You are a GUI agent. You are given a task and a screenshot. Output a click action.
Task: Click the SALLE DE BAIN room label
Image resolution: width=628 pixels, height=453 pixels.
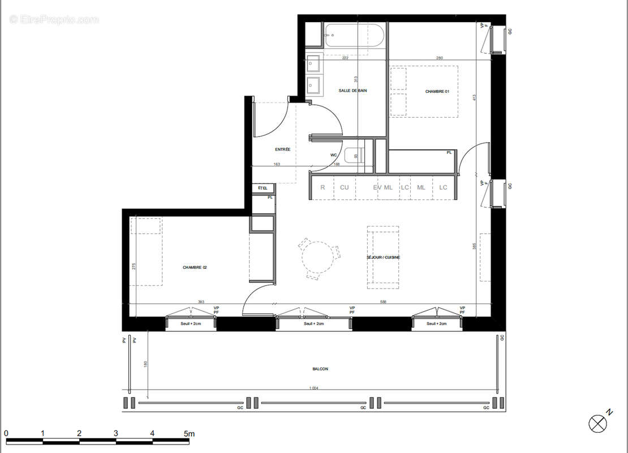point(353,91)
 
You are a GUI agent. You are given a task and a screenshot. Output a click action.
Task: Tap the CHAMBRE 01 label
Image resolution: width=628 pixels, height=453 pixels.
point(437,91)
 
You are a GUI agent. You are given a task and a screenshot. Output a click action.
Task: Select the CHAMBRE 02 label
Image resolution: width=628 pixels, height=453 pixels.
point(195,267)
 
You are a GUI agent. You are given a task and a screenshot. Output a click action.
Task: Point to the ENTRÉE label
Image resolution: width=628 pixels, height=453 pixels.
point(283,149)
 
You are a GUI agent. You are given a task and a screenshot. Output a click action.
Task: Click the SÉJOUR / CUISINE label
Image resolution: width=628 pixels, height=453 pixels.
point(383,258)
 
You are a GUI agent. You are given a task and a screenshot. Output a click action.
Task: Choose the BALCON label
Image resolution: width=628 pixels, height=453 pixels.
point(320,369)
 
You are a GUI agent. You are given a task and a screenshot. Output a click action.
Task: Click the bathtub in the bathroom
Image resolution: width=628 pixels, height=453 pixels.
point(355,35)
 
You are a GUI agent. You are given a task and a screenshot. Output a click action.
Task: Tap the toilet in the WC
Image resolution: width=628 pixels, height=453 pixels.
point(355,154)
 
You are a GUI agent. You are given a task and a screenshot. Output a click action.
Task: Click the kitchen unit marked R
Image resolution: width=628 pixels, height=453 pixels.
point(322,187)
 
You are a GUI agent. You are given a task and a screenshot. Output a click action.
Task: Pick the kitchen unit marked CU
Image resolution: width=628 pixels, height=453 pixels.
point(344,187)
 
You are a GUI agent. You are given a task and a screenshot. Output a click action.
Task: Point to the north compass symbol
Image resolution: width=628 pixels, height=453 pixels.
point(597,422)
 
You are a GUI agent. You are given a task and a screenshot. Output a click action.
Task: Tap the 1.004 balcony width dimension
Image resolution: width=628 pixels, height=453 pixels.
point(315,388)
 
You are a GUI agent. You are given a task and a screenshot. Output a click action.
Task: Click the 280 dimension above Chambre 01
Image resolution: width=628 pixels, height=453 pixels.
point(439,58)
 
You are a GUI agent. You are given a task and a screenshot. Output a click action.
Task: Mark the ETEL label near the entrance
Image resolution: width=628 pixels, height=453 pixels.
point(263,187)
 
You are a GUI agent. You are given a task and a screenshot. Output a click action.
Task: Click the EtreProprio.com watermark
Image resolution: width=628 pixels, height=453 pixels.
point(54,19)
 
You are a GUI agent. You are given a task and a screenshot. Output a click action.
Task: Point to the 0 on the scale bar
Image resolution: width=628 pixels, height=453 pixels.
point(6,434)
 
